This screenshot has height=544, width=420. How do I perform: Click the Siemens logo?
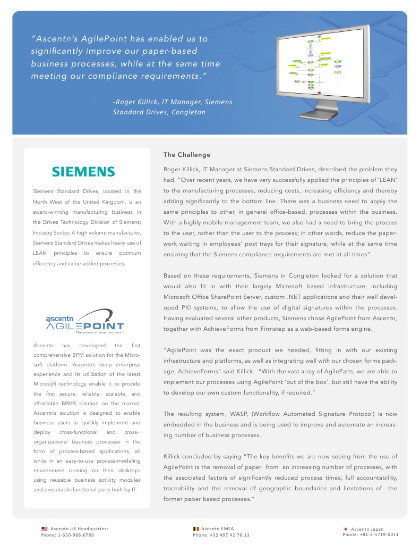(x=83, y=172)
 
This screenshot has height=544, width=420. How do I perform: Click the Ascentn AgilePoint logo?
(x=85, y=321)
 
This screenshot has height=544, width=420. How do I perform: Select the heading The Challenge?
(x=187, y=155)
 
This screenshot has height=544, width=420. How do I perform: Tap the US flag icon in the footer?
(x=45, y=529)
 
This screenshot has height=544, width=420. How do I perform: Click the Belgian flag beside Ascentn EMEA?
(x=196, y=529)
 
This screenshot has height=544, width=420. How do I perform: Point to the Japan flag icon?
(x=346, y=529)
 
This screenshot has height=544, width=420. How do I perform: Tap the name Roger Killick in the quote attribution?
(x=140, y=102)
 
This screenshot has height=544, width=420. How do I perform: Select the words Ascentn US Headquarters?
(x=80, y=529)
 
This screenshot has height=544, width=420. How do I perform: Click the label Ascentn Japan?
(x=367, y=529)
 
